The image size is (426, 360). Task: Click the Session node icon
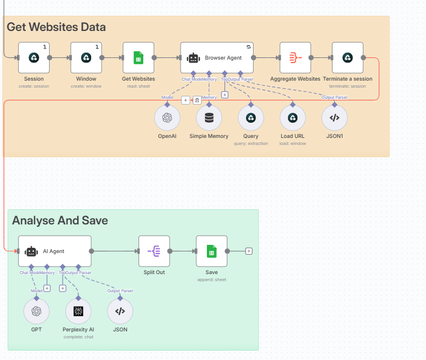pos(34,57)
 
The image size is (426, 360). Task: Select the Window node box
pos(86,57)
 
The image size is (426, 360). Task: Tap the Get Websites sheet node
pos(138,57)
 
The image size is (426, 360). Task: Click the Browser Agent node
pos(217,57)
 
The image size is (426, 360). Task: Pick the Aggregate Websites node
pos(295,57)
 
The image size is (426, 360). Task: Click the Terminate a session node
pos(347,57)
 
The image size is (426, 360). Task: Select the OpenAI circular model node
pos(167,117)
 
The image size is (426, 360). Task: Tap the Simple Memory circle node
pos(209,117)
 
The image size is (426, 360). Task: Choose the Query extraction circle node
pos(251,117)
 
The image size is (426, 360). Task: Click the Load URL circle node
pos(293,117)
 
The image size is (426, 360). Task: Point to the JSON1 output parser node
pos(334,117)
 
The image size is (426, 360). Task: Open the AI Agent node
pos(55,251)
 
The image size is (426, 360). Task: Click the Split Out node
pos(154,251)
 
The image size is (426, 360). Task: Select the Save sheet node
pos(212,251)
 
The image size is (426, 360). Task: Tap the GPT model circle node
pos(36,311)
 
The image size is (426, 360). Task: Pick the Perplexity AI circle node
pos(78,311)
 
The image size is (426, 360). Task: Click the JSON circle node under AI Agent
pos(120,311)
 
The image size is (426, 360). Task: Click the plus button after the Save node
pos(249,251)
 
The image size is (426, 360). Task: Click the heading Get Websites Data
pos(56,27)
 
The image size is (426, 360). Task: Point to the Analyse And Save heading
pos(60,220)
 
